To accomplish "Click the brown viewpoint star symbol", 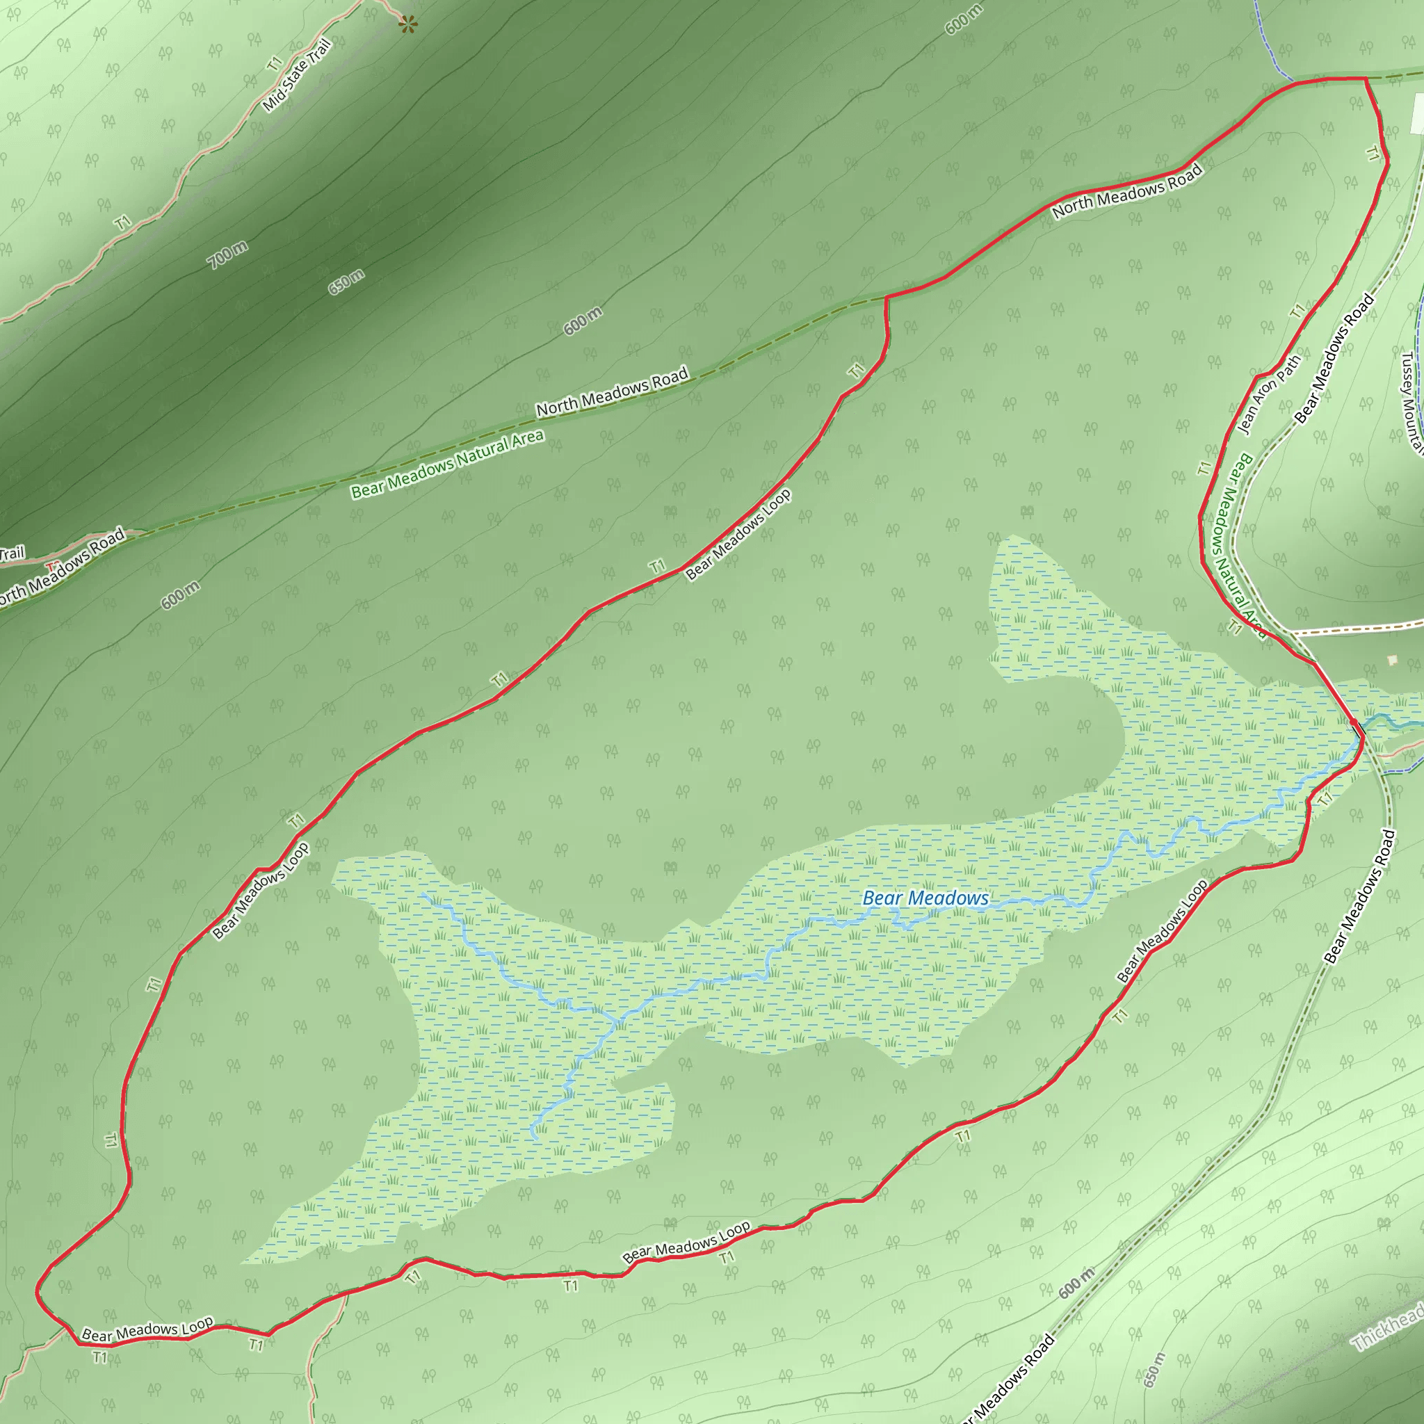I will click(407, 25).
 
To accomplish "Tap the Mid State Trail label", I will click(297, 76).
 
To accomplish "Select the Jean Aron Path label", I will click(1268, 394).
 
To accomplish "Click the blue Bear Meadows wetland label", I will click(925, 898).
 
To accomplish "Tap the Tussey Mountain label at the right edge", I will click(1411, 402).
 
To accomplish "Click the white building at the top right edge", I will click(1416, 115).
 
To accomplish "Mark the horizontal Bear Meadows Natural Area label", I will click(446, 464).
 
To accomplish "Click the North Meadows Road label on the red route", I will click(1127, 192).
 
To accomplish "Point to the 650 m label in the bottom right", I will click(1155, 1370).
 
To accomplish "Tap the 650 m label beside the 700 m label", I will click(346, 282).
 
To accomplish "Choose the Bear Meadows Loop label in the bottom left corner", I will click(147, 1329).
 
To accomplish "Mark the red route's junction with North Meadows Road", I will click(885, 298).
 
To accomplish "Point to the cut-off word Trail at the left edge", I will click(12, 553).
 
